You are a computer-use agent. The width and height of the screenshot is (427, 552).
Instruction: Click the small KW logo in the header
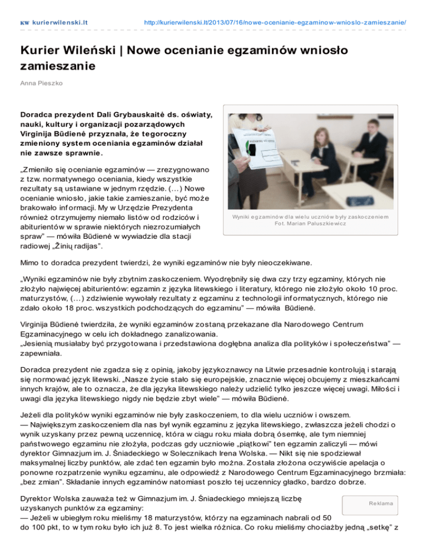(24, 23)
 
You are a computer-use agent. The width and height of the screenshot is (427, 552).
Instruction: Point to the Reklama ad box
(378, 503)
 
